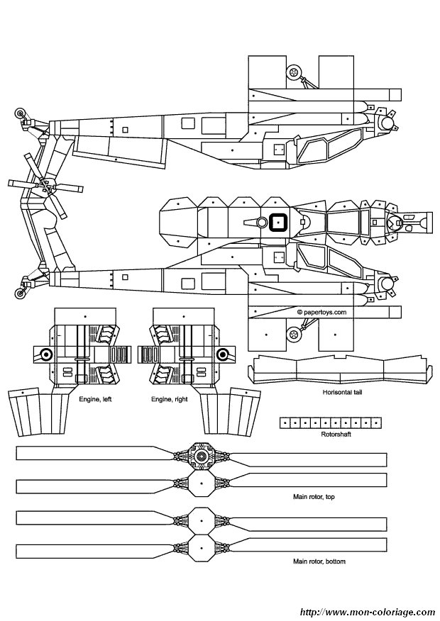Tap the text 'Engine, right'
[169, 399]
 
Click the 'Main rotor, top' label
[314, 497]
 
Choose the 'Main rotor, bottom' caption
[319, 561]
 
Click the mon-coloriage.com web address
[367, 611]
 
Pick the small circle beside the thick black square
[262, 223]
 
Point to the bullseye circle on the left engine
[46, 355]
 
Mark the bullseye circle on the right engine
[221, 355]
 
